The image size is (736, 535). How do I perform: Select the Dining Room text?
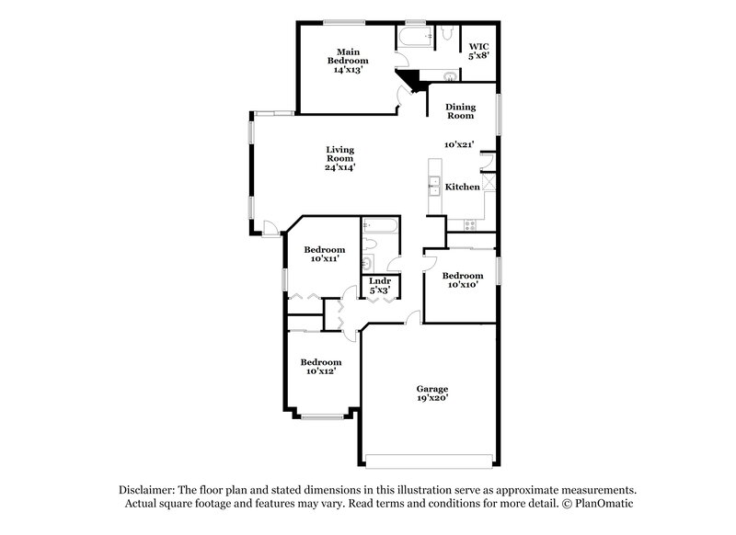[460, 110]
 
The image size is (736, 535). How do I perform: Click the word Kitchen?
[463, 187]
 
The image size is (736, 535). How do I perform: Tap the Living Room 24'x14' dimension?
[339, 167]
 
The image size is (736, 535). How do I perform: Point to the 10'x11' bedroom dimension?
[325, 259]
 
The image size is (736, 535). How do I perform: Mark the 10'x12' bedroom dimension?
[323, 371]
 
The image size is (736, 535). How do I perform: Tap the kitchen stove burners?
[471, 223]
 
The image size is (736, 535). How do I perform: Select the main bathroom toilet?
[445, 33]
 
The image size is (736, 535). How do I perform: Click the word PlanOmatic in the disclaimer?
[604, 504]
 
